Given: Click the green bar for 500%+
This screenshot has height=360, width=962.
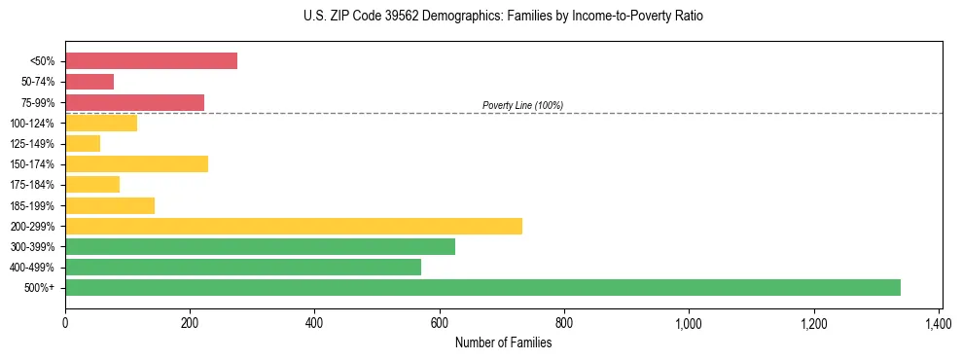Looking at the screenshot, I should (x=482, y=287).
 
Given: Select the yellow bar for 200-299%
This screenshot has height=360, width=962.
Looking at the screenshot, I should (x=294, y=226).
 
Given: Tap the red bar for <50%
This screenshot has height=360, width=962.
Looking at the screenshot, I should (x=151, y=60).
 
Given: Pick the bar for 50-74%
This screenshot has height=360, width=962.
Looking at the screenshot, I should (x=89, y=82).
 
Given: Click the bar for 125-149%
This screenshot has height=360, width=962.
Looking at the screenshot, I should (x=83, y=144).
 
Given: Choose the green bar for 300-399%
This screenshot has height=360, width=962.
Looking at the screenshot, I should (x=260, y=246).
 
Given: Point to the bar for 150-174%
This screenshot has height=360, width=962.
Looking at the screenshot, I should (x=136, y=163).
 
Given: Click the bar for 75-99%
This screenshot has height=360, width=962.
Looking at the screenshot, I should (x=134, y=102).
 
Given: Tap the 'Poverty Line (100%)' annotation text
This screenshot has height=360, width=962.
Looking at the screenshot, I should (x=522, y=105).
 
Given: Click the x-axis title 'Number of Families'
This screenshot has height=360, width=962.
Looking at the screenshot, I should (x=503, y=342).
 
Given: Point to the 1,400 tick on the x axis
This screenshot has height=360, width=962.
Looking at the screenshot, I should (x=939, y=322).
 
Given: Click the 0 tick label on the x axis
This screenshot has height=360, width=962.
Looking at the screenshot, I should (x=65, y=322).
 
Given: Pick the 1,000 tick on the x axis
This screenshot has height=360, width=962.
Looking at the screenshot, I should (x=689, y=322).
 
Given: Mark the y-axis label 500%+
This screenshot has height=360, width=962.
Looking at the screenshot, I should (x=42, y=288).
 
